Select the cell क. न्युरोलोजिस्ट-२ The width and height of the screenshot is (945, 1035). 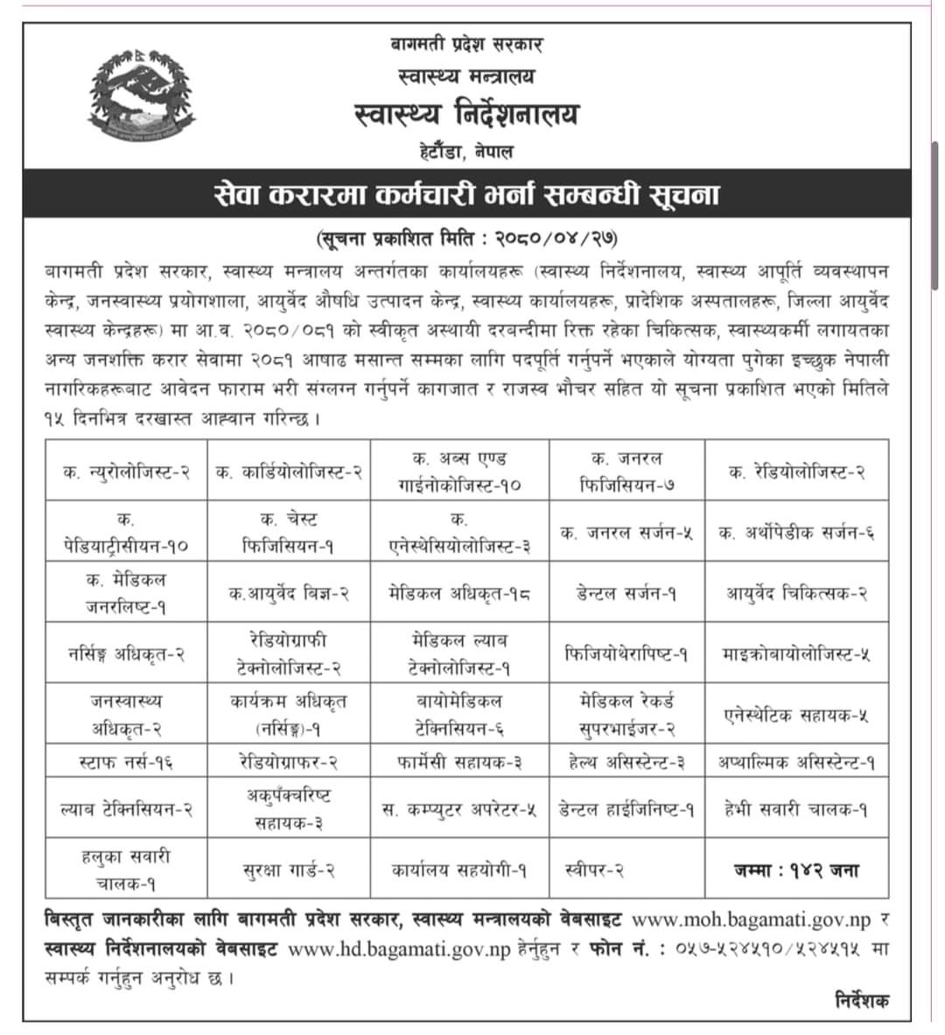126,472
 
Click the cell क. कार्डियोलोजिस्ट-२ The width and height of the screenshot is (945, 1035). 290,472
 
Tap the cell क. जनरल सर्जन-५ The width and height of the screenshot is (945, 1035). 626,532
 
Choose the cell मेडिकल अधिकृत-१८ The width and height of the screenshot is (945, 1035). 459,592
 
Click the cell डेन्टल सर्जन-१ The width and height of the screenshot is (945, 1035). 626,592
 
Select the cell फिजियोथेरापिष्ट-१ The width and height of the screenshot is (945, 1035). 626,654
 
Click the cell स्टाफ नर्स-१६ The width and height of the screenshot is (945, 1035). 126,762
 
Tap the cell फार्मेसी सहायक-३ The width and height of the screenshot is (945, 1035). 459,762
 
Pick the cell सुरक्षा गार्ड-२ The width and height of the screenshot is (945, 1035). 290,871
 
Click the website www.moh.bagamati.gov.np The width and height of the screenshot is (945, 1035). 751,920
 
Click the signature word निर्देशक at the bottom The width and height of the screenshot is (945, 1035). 861,1000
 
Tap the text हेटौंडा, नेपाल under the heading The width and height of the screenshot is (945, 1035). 465,150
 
